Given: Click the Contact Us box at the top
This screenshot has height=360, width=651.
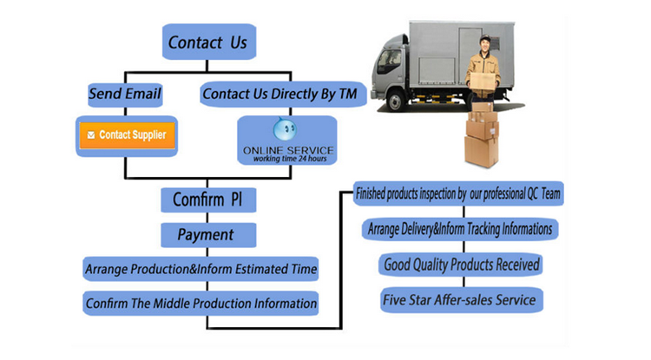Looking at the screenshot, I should (x=208, y=42).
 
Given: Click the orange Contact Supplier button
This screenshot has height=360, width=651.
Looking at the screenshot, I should (x=127, y=135).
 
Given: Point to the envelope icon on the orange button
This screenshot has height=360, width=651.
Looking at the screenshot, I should (x=90, y=135).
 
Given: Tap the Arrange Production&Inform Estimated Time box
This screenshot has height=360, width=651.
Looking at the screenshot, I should (x=201, y=269).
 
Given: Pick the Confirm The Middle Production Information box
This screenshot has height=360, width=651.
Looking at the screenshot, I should (x=201, y=304).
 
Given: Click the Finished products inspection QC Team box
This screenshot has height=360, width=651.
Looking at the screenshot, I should (x=460, y=194).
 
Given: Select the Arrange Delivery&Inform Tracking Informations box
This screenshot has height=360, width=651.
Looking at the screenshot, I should (x=460, y=230).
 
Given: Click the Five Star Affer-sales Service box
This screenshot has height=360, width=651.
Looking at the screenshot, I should (x=460, y=300).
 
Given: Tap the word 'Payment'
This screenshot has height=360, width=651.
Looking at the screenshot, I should (x=206, y=235).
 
